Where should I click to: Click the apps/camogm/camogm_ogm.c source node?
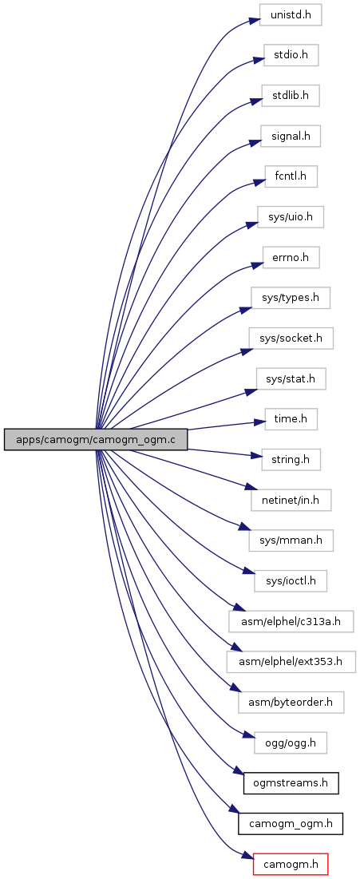click(95, 439)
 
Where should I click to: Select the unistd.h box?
click(290, 14)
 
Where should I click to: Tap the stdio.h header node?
click(291, 56)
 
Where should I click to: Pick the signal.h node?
click(290, 137)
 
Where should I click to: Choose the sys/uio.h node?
click(291, 217)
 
